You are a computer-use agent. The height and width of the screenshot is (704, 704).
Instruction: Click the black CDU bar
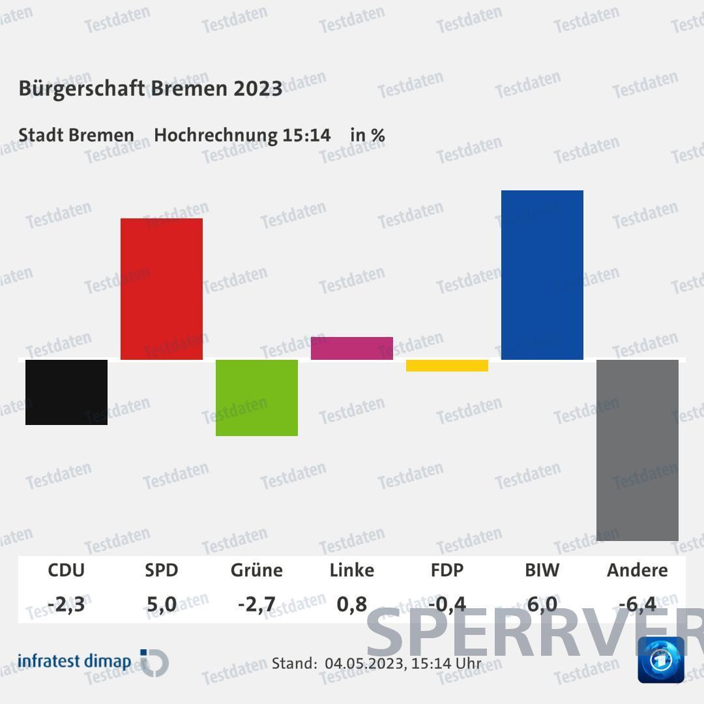(66, 392)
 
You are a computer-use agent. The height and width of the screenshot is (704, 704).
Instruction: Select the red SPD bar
(162, 289)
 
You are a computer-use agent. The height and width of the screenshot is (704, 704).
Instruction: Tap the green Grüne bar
(257, 398)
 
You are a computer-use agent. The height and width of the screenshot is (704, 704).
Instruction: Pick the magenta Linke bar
(352, 348)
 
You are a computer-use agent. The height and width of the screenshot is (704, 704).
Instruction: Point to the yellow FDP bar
(447, 366)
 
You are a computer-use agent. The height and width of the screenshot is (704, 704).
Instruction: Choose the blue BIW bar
(542, 274)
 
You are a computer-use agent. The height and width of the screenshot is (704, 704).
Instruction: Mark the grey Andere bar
(638, 450)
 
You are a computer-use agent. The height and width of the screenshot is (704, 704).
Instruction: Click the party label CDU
(66, 570)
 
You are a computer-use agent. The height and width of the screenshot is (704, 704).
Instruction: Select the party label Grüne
(257, 570)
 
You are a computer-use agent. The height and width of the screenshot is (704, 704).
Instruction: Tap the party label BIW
(542, 570)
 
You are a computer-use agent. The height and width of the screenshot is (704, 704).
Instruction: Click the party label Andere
(638, 570)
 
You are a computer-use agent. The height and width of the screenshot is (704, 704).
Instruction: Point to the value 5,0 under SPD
(162, 604)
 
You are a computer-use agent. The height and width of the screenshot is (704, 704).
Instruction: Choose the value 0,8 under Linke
(352, 604)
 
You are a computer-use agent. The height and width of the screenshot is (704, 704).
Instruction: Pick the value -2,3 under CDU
(66, 604)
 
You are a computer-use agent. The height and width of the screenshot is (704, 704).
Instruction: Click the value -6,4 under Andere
(638, 604)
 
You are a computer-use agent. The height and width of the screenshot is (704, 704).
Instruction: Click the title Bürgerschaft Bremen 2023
(151, 89)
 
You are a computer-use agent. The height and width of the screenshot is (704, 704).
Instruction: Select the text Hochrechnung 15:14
(242, 136)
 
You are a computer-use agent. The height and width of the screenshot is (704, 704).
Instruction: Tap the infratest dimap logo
(93, 662)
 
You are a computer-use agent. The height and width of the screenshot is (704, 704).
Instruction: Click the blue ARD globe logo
(661, 660)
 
